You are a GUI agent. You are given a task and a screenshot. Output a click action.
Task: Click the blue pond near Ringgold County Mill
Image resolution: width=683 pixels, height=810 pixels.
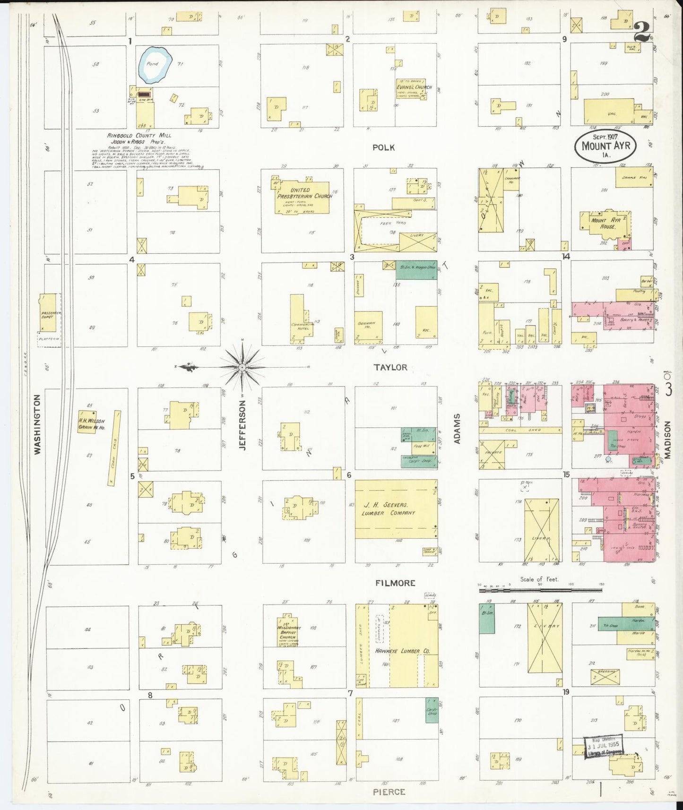pos(155,64)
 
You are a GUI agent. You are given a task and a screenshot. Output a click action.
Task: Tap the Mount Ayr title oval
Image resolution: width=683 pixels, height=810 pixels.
pos(606,146)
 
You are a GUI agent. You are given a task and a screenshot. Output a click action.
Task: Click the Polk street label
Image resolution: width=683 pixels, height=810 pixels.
pos(383,147)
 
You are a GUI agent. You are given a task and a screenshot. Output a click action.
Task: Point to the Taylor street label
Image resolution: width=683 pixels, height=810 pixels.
pos(390,367)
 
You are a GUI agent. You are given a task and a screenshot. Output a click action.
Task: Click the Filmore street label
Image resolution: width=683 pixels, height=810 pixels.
pos(395,583)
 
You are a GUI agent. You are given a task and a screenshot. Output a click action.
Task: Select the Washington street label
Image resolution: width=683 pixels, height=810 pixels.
pos(38,425)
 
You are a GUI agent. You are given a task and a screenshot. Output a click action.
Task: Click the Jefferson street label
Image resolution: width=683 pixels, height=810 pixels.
pos(242,425)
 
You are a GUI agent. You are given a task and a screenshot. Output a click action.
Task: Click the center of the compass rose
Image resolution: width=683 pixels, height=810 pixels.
pos(242,367)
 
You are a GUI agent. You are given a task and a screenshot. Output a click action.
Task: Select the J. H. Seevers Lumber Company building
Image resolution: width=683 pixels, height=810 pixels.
pos(396,509)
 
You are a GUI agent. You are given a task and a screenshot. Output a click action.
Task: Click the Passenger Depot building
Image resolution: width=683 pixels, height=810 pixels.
pos(47,312)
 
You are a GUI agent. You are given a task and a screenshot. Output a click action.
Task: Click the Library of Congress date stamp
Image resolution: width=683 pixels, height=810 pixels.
pos(605,747)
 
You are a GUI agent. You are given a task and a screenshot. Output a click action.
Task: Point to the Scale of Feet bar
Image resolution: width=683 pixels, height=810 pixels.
pos(541,590)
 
